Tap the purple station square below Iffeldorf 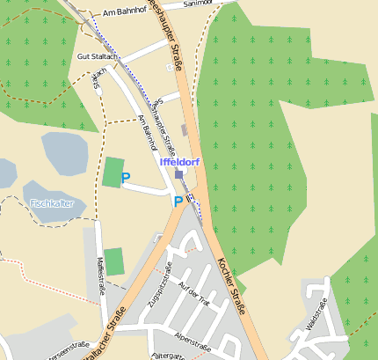coord(179,174)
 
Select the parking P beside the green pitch coord(126,178)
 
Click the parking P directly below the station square coord(178,202)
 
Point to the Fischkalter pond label coord(52,203)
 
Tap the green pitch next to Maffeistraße coord(115,261)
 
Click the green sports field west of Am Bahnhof coord(113,171)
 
